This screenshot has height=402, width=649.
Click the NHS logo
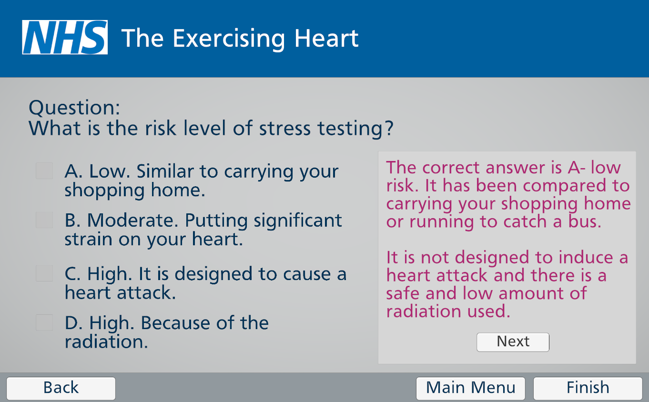(65, 37)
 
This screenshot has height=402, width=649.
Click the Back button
(61, 388)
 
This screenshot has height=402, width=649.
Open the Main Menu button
(470, 388)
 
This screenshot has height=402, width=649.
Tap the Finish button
(588, 388)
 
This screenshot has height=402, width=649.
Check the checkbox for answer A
(44, 171)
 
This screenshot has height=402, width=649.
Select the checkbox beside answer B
(44, 220)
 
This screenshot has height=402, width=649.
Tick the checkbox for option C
(44, 273)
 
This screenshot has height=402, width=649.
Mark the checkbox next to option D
(44, 322)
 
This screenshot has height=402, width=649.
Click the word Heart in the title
(326, 38)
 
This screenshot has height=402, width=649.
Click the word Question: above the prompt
(74, 108)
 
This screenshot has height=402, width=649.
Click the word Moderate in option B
(132, 220)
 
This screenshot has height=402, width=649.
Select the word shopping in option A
(104, 191)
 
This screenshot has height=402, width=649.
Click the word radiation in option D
(106, 342)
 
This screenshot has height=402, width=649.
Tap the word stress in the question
(285, 128)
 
